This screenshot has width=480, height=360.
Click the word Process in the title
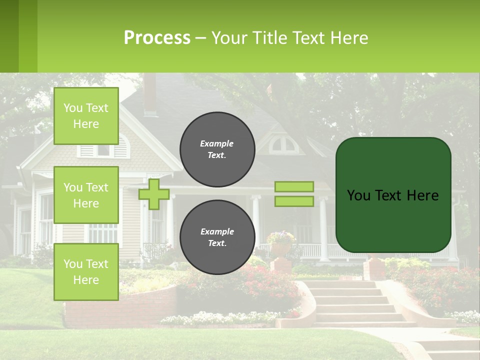click(157, 38)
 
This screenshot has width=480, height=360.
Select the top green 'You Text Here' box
click(86, 116)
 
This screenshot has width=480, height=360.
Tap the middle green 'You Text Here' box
click(86, 195)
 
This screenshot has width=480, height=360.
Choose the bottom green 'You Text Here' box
click(86, 271)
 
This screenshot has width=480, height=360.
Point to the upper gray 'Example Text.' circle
click(217, 149)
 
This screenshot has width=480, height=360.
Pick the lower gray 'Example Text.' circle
click(217, 237)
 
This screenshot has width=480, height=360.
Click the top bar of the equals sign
click(294, 186)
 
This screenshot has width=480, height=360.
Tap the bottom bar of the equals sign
click(294, 201)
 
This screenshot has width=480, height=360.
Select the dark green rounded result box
click(393, 195)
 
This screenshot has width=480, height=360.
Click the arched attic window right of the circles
click(283, 145)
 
